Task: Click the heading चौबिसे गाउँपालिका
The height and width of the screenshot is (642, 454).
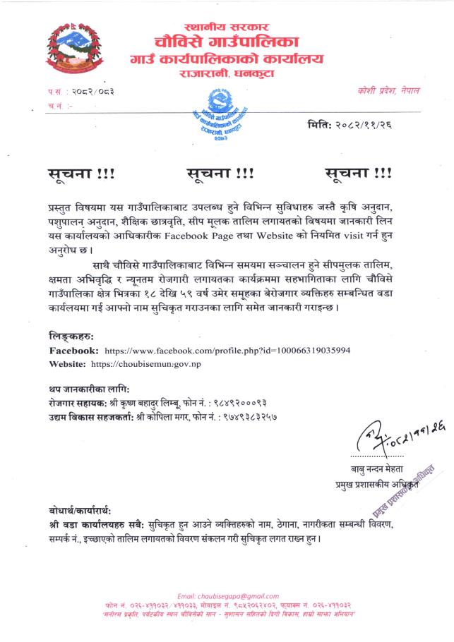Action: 227,40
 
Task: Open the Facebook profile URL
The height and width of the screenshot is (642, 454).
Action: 227,350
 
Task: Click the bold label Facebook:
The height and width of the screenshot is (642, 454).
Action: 74,350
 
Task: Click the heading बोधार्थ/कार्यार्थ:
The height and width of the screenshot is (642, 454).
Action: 80,510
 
